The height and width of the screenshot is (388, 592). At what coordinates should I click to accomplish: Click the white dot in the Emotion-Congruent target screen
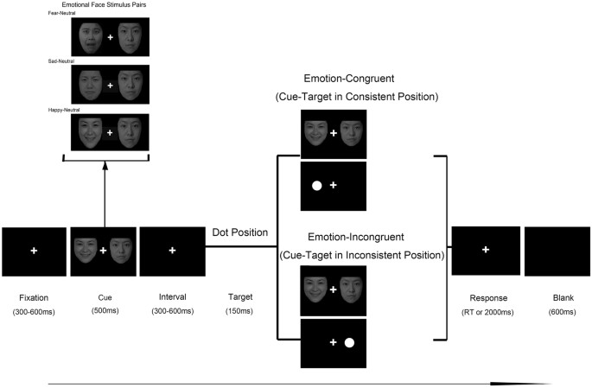316,186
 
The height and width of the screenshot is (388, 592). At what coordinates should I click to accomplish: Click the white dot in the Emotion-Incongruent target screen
349,342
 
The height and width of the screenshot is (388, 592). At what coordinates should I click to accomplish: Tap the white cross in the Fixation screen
34,251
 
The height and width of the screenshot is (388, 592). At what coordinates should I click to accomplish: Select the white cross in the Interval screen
172,251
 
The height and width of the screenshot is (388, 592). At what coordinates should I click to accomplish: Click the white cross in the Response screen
486,250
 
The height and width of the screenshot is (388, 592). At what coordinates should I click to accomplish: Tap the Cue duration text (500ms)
103,310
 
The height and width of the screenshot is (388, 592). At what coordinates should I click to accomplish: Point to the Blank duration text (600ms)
556,310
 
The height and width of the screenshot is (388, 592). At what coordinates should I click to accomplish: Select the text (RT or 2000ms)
486,310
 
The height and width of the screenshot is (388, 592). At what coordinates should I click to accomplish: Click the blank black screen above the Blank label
556,251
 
